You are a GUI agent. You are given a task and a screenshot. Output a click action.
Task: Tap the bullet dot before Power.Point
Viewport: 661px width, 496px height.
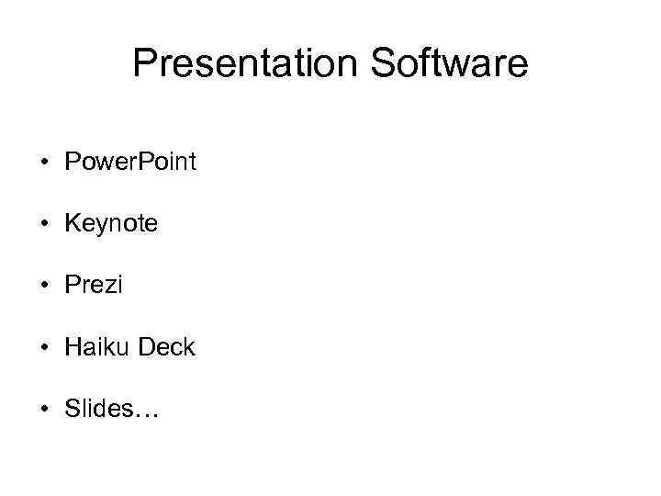click(44, 163)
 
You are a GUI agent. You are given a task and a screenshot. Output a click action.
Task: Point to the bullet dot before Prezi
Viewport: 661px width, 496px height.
click(44, 287)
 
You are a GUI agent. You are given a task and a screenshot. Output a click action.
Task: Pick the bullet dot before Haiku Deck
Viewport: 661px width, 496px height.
click(44, 348)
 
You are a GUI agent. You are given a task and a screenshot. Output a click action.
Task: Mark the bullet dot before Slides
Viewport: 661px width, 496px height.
click(44, 410)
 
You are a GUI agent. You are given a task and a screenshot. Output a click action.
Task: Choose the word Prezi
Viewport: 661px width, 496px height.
click(94, 287)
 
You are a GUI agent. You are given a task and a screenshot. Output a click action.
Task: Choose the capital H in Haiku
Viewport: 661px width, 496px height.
click(73, 348)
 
